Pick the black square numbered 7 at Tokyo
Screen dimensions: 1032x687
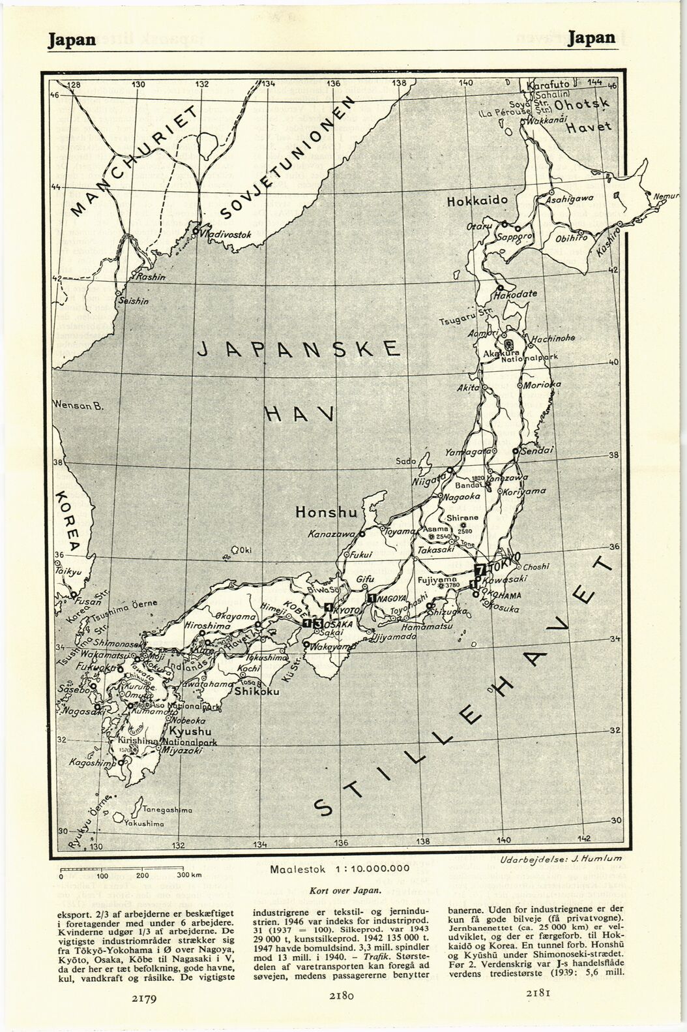(x=480, y=569)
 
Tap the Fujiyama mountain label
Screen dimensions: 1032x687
(x=435, y=579)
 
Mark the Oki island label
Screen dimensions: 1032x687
(x=245, y=551)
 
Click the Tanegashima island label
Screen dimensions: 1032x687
(x=167, y=810)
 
